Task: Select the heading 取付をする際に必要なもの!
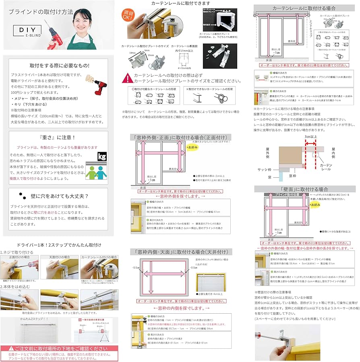[x=60, y=65]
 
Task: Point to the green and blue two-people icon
[x=96, y=172]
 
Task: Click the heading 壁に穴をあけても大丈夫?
[x=59, y=196]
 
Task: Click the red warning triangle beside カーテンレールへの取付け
[x=127, y=78]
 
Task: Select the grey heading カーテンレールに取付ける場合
[x=304, y=8]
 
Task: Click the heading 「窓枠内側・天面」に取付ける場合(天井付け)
[x=181, y=252]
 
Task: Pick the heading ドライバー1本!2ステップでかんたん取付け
[x=59, y=245]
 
